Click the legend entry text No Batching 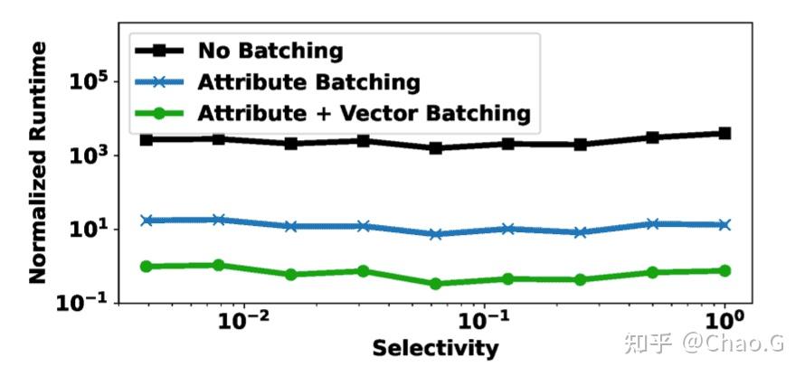[x=271, y=51]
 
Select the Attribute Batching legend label [x=309, y=82]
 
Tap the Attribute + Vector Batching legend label [x=364, y=113]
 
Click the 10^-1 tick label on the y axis [x=87, y=303]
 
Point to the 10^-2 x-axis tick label [x=243, y=322]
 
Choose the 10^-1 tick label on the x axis [x=484, y=322]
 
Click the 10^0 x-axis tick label [x=724, y=322]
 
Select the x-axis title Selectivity [x=435, y=348]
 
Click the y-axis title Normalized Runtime [x=38, y=166]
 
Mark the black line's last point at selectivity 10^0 [x=724, y=133]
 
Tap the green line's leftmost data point [x=147, y=267]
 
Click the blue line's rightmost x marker [x=724, y=224]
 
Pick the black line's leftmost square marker [x=147, y=139]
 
